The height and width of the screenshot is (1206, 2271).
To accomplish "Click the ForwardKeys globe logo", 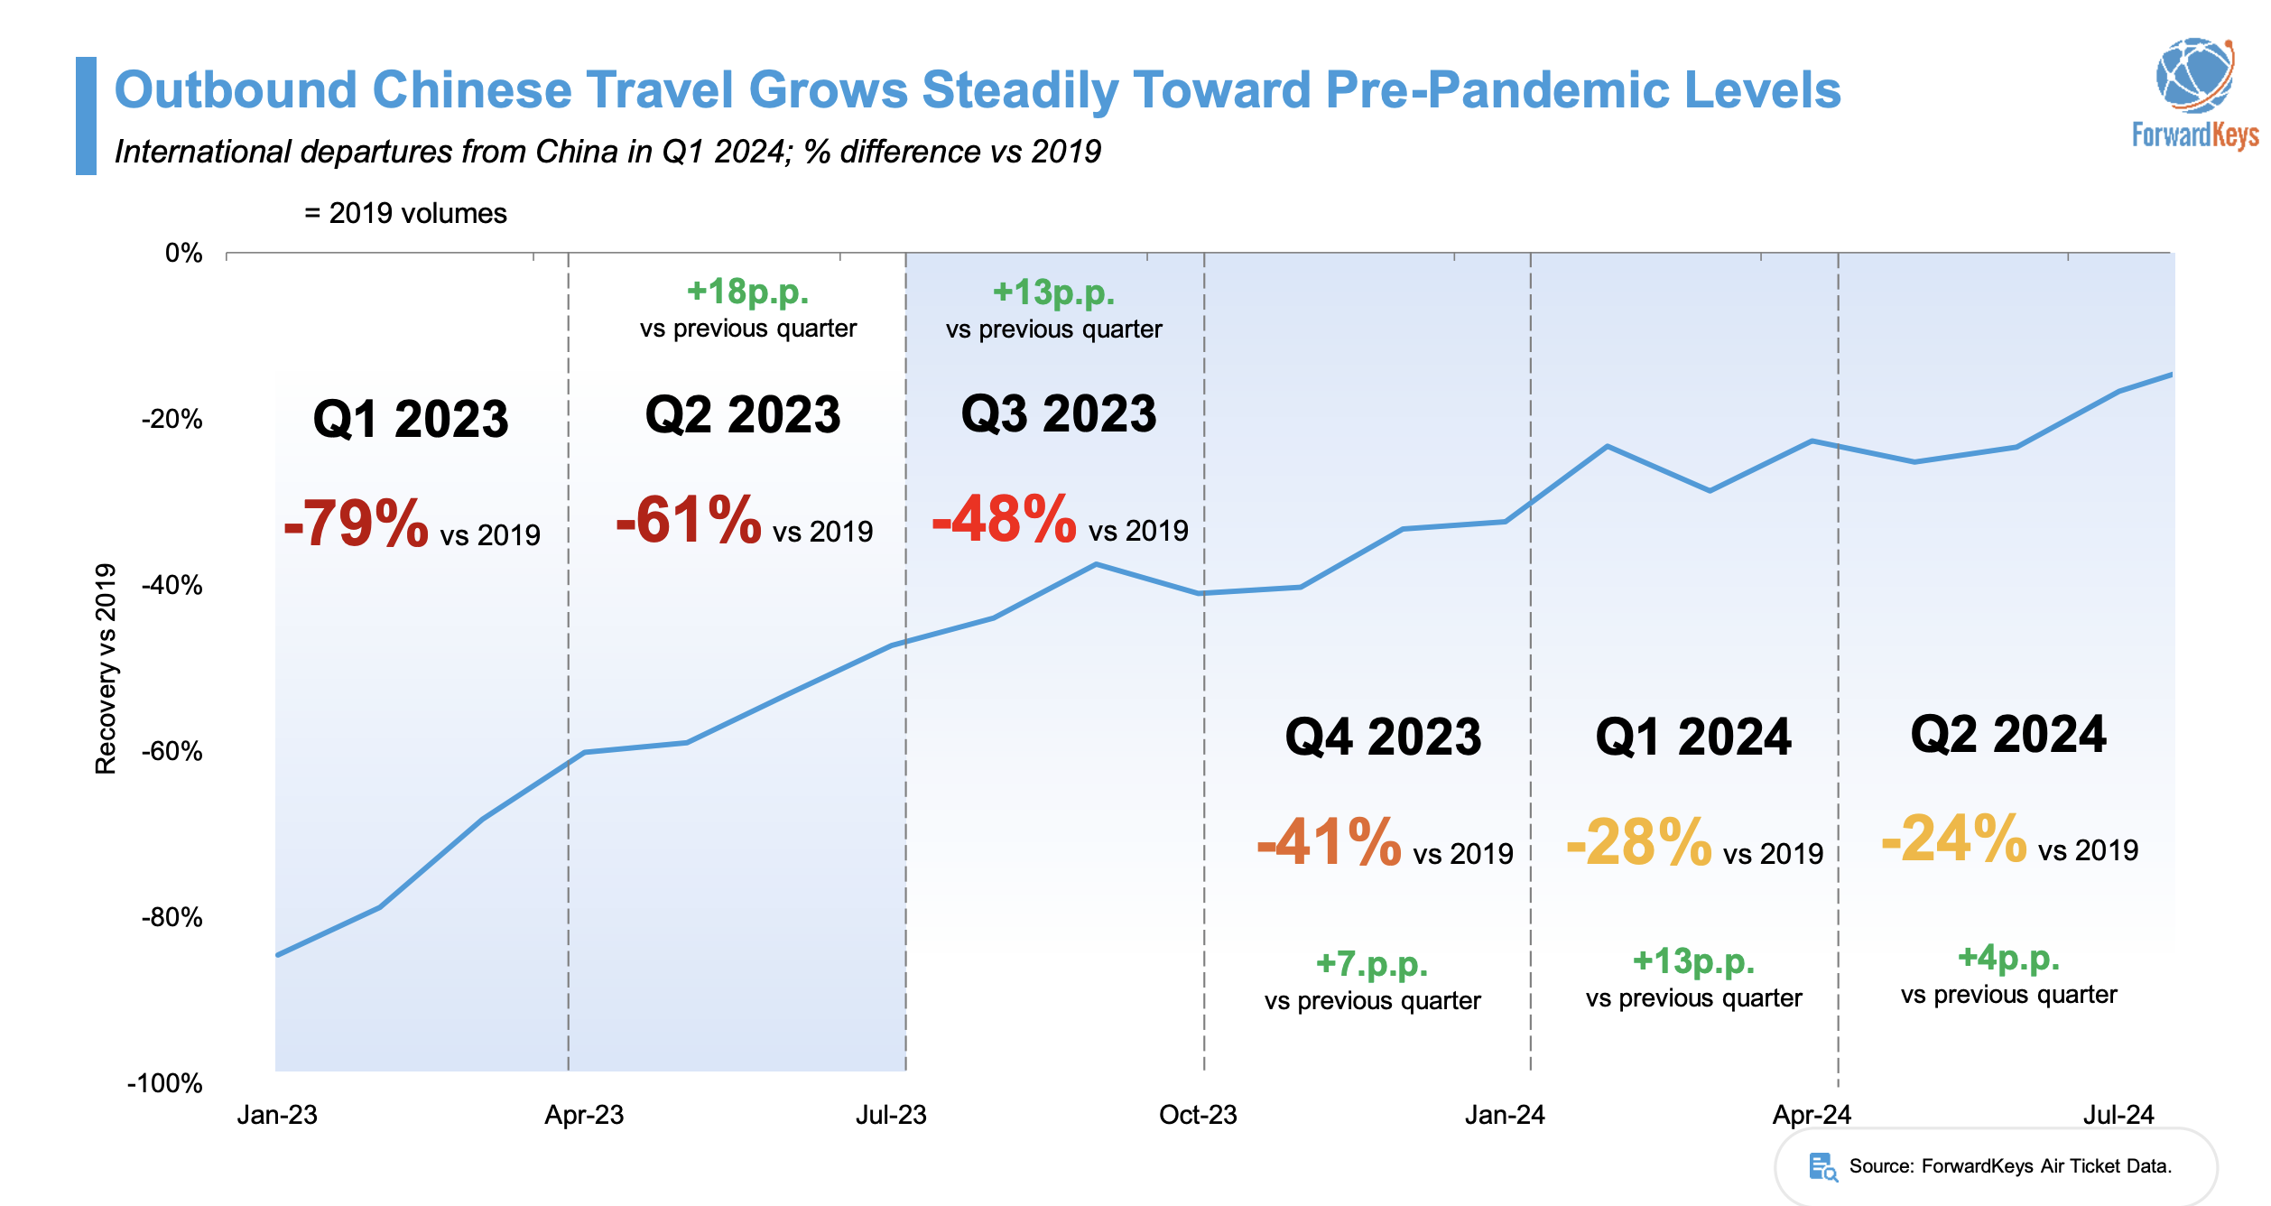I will point(2194,75).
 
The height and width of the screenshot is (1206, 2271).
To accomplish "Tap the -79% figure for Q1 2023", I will point(357,524).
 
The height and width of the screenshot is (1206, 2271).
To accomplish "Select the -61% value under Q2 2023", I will point(689,520).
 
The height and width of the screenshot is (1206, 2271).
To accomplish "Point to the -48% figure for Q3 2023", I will point(1005,519).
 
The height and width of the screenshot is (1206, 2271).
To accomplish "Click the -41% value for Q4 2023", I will point(1330,843).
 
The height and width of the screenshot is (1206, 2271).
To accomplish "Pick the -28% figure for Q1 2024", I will point(1639,843).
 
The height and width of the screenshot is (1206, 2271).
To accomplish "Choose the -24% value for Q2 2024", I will point(1954,840).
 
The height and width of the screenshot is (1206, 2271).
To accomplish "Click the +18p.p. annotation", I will point(747,292).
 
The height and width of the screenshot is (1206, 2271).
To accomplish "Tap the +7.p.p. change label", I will point(1372,963).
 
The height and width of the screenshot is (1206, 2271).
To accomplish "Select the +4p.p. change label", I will point(2008,957).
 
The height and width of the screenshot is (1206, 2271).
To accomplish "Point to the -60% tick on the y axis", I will point(171,751).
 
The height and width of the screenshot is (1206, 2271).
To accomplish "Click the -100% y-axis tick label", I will point(165,1083).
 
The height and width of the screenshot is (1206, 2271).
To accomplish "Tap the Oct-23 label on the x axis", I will point(1198,1115).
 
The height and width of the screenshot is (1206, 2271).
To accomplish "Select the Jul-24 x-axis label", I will point(2118,1115).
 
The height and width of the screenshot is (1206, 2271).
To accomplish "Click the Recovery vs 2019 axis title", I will point(106,669).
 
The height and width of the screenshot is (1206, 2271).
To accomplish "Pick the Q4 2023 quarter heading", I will point(1383,738).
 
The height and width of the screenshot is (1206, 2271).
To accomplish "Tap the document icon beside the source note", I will point(1822,1166).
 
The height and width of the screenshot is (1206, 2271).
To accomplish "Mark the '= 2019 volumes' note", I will point(406,214).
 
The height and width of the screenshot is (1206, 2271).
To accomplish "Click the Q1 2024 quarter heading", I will point(1693,738).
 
